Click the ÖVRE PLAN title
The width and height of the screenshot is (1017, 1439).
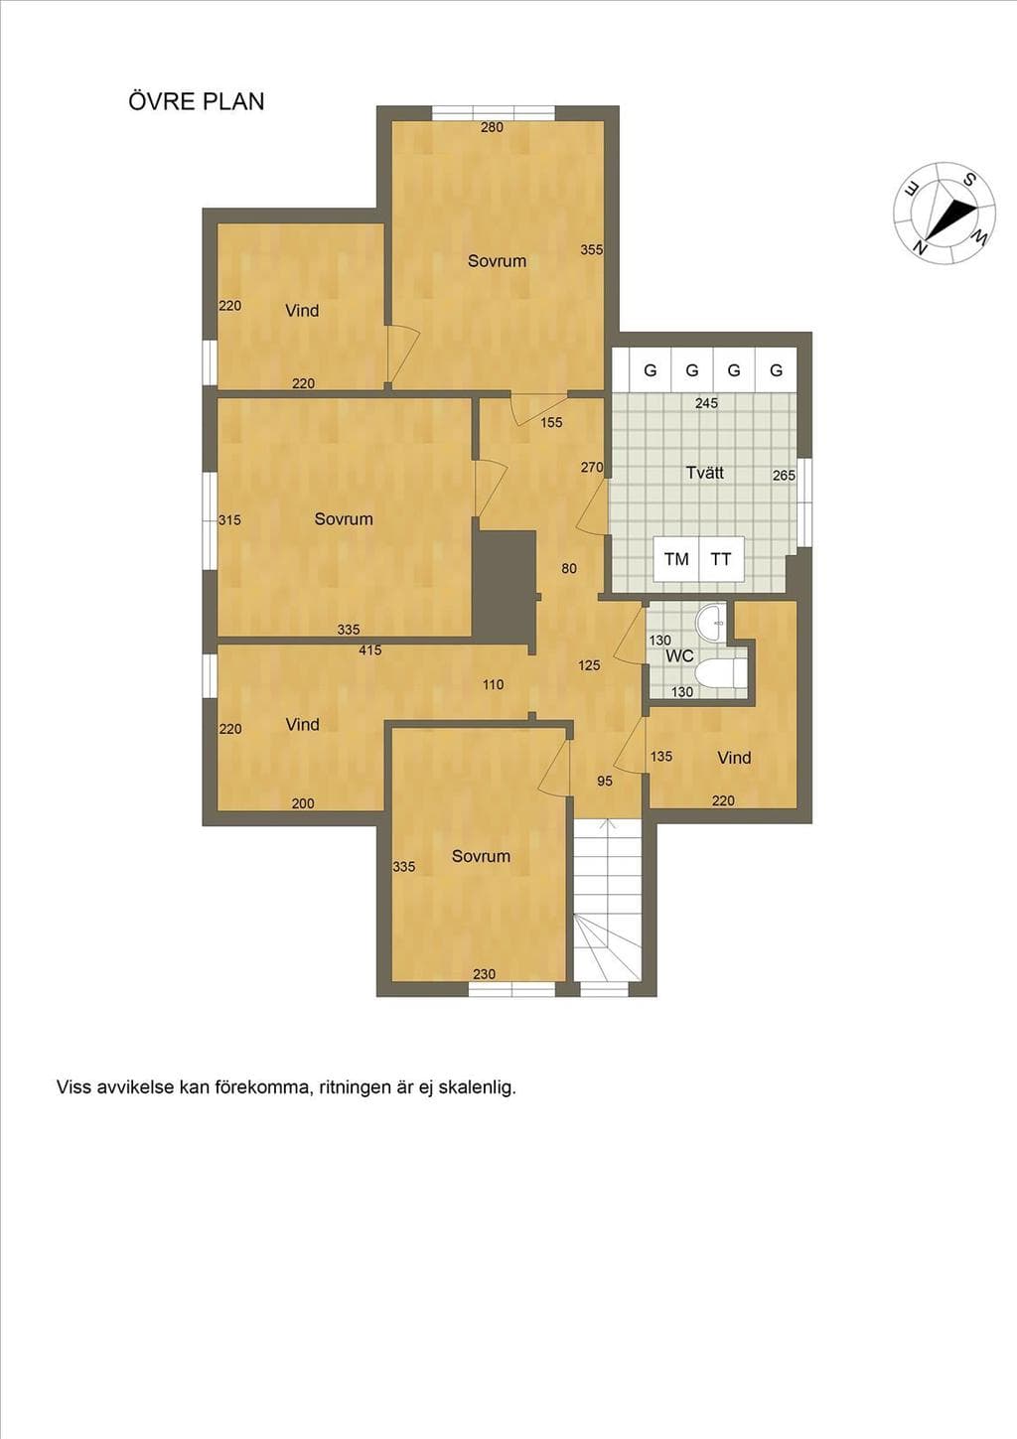point(197,102)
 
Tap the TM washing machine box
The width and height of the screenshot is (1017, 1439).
point(676,559)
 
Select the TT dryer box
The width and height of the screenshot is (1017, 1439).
point(721,559)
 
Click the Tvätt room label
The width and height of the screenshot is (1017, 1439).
point(705,473)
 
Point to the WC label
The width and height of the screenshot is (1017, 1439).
point(679,656)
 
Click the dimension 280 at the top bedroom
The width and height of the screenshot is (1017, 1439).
point(493,127)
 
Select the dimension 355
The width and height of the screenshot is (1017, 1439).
point(592,249)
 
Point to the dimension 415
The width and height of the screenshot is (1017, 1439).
point(370,650)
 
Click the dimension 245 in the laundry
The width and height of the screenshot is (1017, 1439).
point(706,403)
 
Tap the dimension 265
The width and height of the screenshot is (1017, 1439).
point(784,476)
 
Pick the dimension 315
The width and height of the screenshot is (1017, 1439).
point(229,519)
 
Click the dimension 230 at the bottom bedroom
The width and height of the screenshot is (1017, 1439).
point(484,974)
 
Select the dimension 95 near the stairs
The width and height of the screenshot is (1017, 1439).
point(605,782)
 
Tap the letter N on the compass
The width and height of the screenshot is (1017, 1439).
point(922,246)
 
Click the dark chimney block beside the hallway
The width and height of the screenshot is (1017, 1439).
point(505,583)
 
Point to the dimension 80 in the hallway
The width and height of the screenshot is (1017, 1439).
point(568,568)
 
